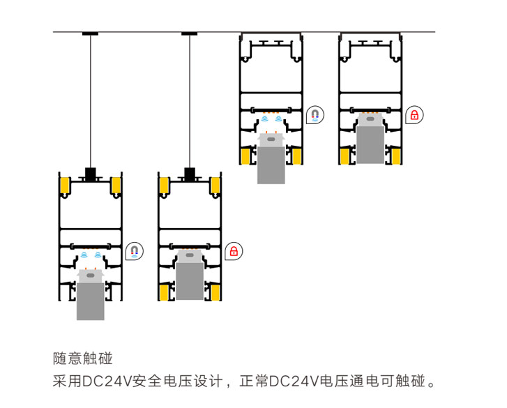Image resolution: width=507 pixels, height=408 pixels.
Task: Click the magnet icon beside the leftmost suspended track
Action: (134, 250)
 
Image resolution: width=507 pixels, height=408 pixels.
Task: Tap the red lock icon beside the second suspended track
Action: (234, 250)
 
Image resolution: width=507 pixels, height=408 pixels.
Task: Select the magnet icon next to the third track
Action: (315, 114)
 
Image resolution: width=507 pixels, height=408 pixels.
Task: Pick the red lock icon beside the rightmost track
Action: (414, 114)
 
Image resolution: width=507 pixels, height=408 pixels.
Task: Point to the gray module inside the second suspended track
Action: (189, 279)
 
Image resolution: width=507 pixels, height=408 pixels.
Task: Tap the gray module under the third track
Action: (271, 164)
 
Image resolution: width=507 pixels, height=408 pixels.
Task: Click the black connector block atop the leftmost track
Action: (90, 173)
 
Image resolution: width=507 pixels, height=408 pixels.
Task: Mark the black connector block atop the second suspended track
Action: (189, 173)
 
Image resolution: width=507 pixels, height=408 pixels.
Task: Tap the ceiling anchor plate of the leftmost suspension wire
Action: (90, 34)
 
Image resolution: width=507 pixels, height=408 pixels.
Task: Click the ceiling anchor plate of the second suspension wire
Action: (189, 34)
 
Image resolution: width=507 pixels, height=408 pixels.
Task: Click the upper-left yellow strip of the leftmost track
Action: (64, 186)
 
